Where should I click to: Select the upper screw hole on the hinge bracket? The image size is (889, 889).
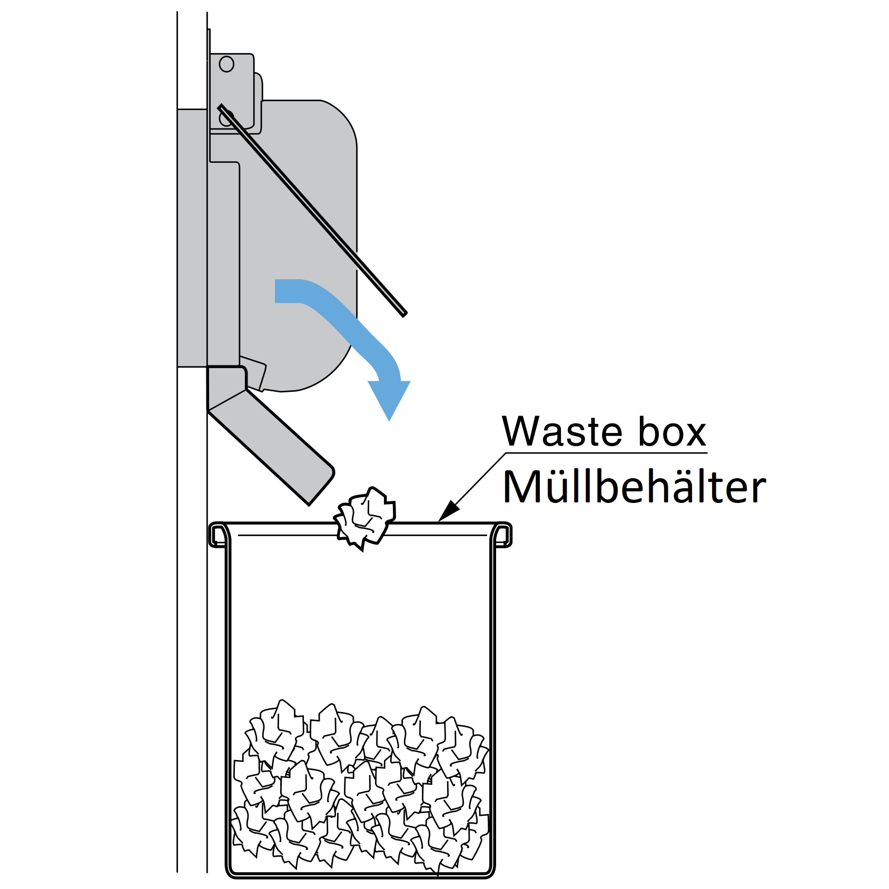point(226,64)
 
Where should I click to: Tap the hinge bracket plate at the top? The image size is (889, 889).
point(232,90)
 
